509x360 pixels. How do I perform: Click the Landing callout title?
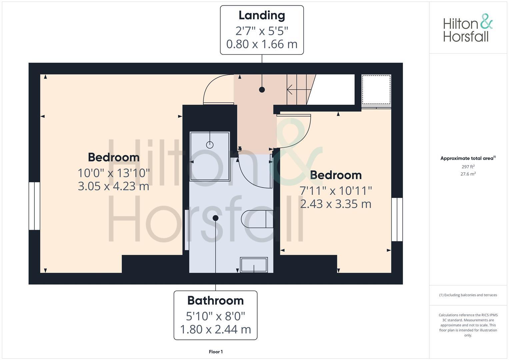click(262, 15)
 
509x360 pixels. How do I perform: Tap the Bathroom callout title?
click(215, 301)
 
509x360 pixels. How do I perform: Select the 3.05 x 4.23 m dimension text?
click(113, 186)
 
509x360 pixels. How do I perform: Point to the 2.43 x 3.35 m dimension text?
click(336, 204)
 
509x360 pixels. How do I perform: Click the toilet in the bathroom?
click(257, 219)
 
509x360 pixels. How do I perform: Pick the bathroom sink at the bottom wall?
click(254, 265)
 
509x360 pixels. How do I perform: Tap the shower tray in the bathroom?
click(210, 156)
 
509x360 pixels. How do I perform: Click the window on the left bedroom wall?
click(34, 206)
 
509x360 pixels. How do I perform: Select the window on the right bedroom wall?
click(397, 219)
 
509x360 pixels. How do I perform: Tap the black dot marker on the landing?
click(262, 90)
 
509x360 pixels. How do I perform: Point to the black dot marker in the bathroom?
click(215, 218)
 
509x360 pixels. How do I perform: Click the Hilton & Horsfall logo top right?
click(467, 28)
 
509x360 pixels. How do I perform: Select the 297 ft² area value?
click(468, 167)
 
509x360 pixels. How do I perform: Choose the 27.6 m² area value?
click(468, 174)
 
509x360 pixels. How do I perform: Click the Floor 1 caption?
click(216, 352)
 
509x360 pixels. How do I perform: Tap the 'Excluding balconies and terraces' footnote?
click(468, 295)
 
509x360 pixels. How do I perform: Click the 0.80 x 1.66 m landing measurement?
click(262, 44)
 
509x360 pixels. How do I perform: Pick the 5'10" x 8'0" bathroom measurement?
click(215, 315)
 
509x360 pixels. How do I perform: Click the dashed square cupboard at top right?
click(376, 90)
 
